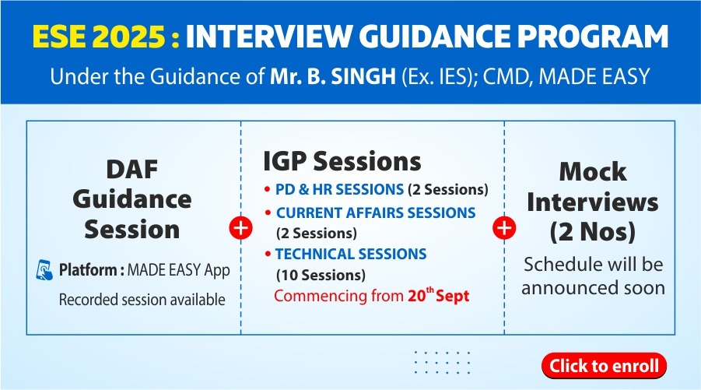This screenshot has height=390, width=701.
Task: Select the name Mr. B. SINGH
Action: pos(333,76)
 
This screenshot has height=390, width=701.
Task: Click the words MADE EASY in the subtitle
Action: pos(594,76)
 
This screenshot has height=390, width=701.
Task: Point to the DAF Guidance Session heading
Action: pos(132,199)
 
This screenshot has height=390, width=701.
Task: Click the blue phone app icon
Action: pos(44,270)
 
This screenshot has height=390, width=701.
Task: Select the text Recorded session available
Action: pos(142,300)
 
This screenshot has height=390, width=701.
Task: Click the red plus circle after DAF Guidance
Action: pos(241,227)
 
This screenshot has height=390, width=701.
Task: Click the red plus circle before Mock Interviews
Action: pos(504,227)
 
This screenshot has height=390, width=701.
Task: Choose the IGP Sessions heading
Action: pos(342,161)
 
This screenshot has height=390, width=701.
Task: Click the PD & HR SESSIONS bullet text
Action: pos(339,190)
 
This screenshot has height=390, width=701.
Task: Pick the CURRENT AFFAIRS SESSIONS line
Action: pos(376,213)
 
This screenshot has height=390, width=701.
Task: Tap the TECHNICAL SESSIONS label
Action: pos(350,254)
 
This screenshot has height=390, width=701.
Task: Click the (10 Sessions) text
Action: pos(321,275)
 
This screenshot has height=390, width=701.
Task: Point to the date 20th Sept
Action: pos(438,296)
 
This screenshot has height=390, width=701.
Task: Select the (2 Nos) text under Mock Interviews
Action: pos(592,232)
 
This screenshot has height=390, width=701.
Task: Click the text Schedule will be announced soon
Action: pos(594,276)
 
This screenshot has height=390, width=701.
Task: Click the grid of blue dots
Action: pos(442,362)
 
